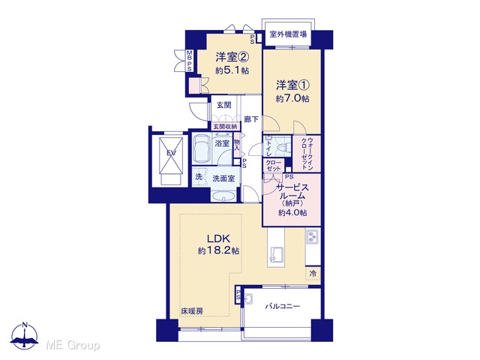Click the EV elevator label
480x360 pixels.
pyautogui.click(x=171, y=153)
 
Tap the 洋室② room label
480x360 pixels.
pyautogui.click(x=232, y=57)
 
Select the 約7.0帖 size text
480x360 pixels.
pyautogui.click(x=292, y=98)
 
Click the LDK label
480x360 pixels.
pyautogui.click(x=218, y=238)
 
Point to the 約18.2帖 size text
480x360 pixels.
pyautogui.click(x=218, y=251)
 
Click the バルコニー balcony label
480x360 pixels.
pyautogui.click(x=283, y=306)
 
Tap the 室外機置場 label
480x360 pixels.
pyautogui.click(x=288, y=34)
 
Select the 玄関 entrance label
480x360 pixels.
pyautogui.click(x=224, y=105)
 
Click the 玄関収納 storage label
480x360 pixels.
pyautogui.click(x=225, y=127)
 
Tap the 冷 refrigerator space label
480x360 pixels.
pyautogui.click(x=313, y=273)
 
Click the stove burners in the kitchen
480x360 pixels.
pyautogui.click(x=312, y=237)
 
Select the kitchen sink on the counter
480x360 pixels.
pyautogui.click(x=275, y=254)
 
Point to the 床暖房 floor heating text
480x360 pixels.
pyautogui.click(x=192, y=311)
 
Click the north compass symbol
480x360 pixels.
pyautogui.click(x=25, y=336)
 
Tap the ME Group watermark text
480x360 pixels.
pyautogui.click(x=73, y=345)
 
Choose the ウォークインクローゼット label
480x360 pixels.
pyautogui.click(x=307, y=154)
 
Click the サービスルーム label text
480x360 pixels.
pyautogui.click(x=292, y=191)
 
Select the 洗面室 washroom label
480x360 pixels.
pyautogui.click(x=223, y=178)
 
